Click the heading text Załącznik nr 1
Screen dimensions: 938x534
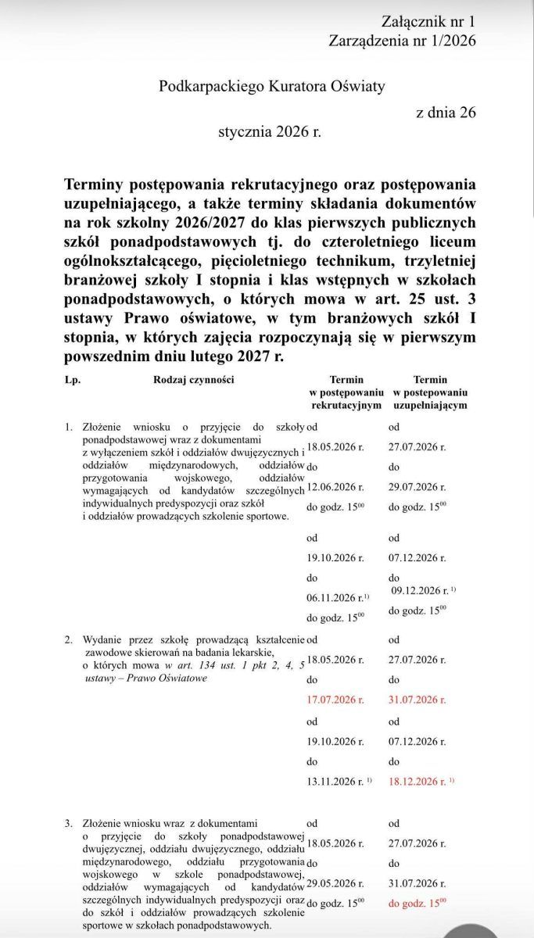coord(428,21)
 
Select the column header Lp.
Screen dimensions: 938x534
coord(73,380)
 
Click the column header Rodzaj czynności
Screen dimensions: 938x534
coord(193,380)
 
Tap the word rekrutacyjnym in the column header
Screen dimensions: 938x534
coord(346,406)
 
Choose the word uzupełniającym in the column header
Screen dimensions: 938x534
coord(430,406)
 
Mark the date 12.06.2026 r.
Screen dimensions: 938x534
coord(336,486)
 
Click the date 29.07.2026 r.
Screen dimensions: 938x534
coord(418,486)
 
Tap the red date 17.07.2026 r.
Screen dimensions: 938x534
coord(336,700)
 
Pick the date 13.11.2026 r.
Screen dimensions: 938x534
coord(336,781)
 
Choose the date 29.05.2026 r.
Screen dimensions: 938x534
coord(336,883)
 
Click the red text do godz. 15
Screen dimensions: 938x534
coord(416,904)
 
